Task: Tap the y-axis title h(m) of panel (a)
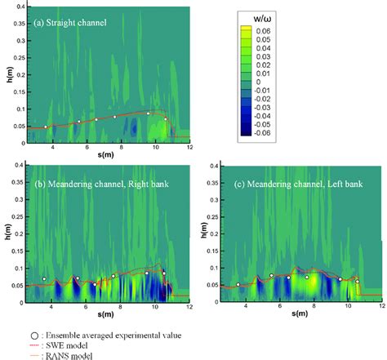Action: [x=6, y=74]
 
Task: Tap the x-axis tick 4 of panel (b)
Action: [x=52, y=306]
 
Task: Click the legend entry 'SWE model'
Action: [x=73, y=344]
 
